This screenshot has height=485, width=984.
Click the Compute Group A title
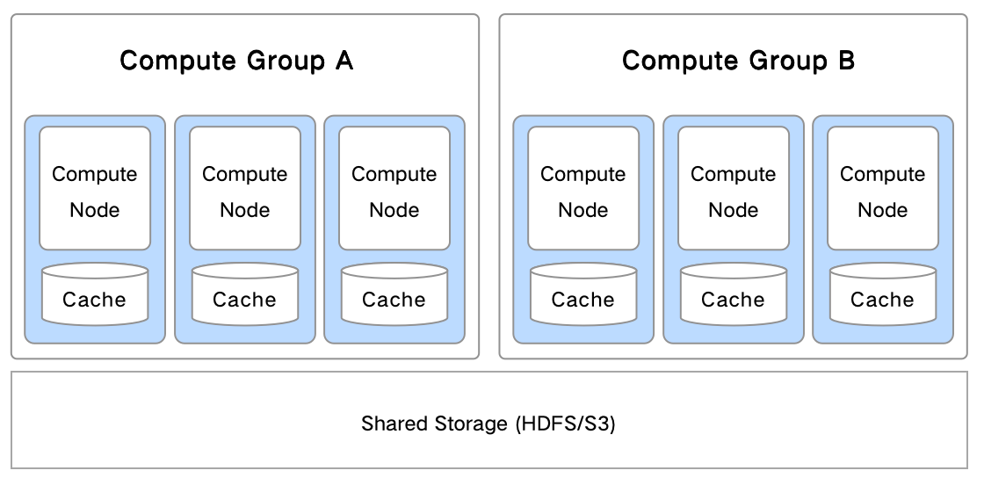(236, 61)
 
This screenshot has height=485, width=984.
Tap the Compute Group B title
(738, 61)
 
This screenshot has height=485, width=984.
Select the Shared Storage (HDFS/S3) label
(488, 423)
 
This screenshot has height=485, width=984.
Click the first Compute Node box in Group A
(95, 189)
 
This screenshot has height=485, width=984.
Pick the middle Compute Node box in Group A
(245, 189)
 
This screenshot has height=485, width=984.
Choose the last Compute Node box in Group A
(394, 189)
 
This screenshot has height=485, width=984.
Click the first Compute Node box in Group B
(583, 189)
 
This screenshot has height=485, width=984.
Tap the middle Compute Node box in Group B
(734, 189)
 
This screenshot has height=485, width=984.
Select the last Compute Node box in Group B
(883, 189)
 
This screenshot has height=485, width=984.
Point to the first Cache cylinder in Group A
(95, 294)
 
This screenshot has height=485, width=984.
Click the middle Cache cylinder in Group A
(245, 294)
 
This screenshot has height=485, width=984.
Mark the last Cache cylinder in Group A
(394, 294)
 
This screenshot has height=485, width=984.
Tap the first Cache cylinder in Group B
(583, 294)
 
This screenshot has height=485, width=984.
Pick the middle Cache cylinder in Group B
(734, 294)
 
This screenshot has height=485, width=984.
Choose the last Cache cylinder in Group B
(883, 294)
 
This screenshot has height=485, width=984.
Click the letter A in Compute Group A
(344, 61)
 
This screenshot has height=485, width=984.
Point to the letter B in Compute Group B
(845, 61)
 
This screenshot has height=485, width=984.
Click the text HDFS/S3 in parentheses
(565, 423)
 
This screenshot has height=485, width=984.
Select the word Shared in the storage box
(395, 423)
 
